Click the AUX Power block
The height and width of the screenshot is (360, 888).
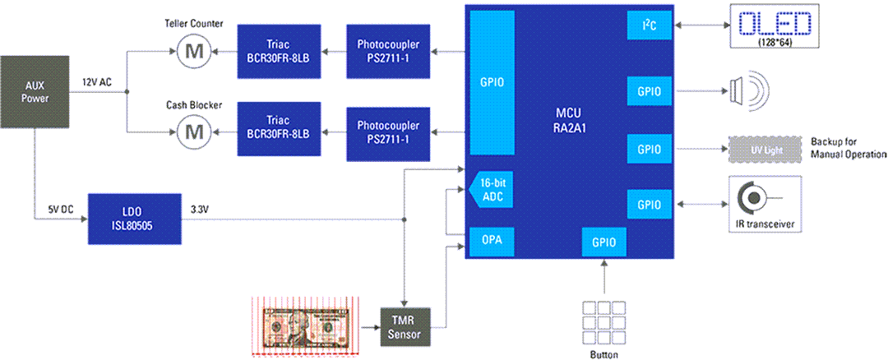click(35, 92)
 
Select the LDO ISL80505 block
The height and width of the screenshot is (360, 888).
click(134, 219)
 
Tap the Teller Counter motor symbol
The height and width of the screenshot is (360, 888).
click(196, 52)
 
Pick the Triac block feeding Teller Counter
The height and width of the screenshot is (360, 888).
click(273, 52)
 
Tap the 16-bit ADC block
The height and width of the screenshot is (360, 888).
click(491, 191)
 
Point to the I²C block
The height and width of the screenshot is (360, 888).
click(650, 25)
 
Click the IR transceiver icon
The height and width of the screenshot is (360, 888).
click(754, 198)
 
